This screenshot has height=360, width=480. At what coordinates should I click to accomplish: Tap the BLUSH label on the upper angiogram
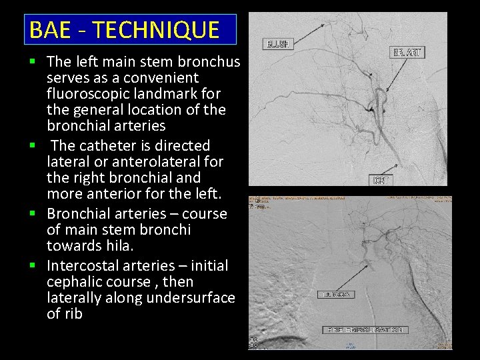pyautogui.click(x=277, y=44)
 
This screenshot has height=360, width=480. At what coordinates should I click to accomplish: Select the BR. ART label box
pyautogui.click(x=407, y=52)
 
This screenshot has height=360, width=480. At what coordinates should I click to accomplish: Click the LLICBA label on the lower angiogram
pyautogui.click(x=336, y=294)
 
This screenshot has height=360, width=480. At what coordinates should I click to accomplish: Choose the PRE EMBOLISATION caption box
pyautogui.click(x=365, y=330)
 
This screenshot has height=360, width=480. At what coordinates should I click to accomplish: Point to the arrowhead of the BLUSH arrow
pyautogui.click(x=325, y=25)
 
